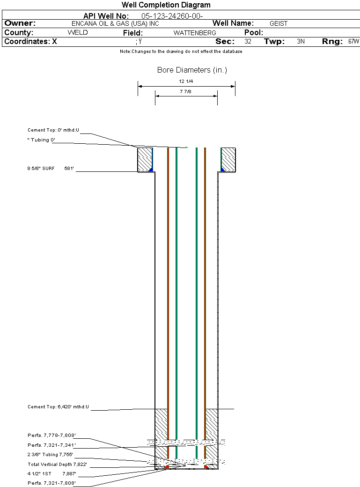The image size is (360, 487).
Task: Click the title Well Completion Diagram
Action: click(x=166, y=5)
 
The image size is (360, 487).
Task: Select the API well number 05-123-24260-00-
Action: click(x=172, y=16)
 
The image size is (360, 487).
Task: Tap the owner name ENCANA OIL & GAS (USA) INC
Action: click(x=115, y=23)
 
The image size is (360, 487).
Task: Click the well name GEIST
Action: click(x=279, y=23)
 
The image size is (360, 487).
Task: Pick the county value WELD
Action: click(x=78, y=33)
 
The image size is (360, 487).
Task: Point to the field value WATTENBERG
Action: click(x=195, y=33)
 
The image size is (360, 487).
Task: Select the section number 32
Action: click(x=248, y=41)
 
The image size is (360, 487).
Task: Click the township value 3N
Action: click(x=301, y=41)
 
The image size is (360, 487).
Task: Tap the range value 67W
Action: click(x=354, y=41)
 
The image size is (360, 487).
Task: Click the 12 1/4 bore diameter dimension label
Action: click(x=186, y=81)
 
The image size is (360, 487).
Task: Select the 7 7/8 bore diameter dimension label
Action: click(x=186, y=92)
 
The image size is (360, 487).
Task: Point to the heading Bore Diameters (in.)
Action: click(x=192, y=70)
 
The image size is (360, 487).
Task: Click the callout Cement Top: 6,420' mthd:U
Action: click(x=58, y=407)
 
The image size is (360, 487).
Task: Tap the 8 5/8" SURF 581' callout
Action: click(x=51, y=168)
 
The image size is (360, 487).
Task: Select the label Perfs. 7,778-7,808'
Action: click(x=51, y=435)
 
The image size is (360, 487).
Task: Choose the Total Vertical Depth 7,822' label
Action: click(x=57, y=465)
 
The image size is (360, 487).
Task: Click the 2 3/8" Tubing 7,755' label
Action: click(x=50, y=455)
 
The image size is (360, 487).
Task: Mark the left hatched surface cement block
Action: click(x=145, y=160)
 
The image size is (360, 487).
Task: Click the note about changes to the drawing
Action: click(x=181, y=52)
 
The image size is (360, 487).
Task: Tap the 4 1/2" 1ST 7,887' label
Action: click(x=52, y=473)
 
